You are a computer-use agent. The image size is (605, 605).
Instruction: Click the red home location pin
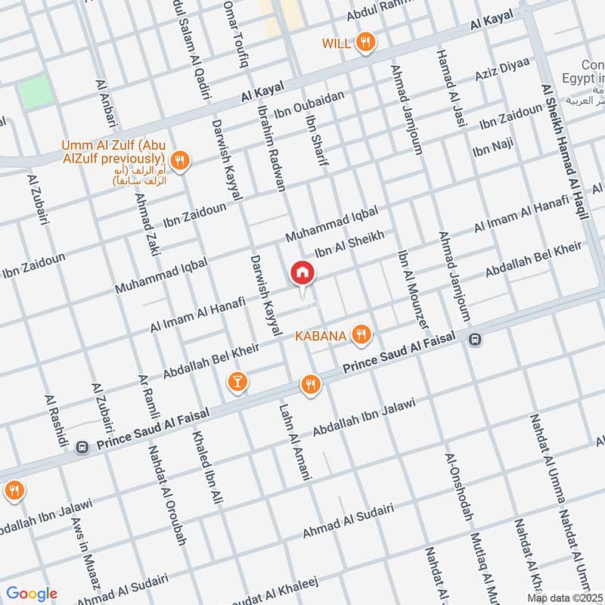coord(302,273)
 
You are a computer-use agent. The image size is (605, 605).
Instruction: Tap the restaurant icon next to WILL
coord(366,43)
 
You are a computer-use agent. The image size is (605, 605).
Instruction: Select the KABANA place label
coord(321,335)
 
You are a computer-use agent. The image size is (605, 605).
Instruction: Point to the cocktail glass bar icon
coord(237,383)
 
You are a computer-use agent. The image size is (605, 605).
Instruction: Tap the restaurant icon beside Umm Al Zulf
coord(180,160)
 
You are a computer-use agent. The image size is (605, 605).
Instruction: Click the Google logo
coord(33,594)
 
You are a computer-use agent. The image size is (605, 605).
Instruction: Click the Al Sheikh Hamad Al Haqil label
coord(565,151)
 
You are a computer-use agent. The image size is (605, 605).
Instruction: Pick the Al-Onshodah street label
coord(459,489)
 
